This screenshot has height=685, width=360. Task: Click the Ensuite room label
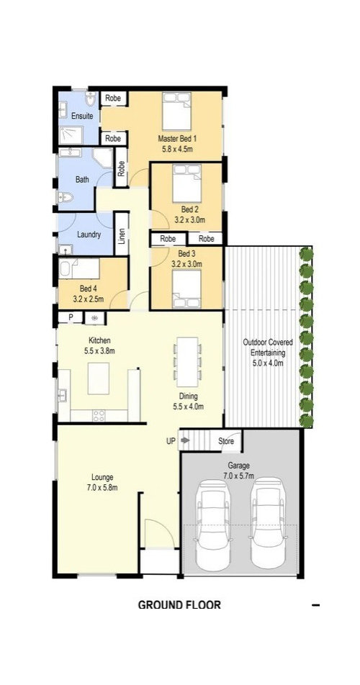tap(82, 117)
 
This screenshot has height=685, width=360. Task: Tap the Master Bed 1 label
tap(177, 139)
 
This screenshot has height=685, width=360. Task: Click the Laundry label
tap(89, 235)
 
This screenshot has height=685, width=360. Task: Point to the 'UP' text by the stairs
tap(171, 441)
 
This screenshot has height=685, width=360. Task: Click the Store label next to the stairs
tap(226, 441)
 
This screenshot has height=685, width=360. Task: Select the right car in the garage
tap(268, 523)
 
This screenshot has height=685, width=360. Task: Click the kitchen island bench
tap(99, 378)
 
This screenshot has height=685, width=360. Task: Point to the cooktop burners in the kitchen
tap(99, 415)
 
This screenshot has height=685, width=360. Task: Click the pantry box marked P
tap(70, 318)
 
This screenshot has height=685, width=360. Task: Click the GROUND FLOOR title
tap(179, 605)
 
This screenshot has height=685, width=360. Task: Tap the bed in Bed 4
tap(78, 268)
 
